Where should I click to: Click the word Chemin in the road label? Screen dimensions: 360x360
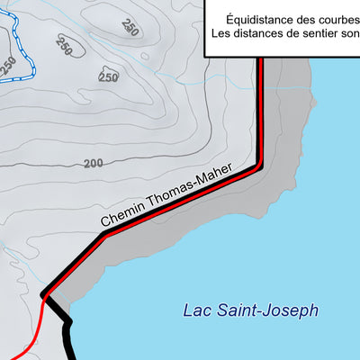tap(120, 215)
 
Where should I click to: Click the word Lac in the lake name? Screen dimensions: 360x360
tap(196, 311)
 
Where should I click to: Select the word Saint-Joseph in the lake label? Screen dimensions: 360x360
tap(269, 311)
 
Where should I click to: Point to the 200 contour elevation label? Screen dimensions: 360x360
tap(93, 163)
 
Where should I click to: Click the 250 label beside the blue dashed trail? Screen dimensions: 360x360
tap(8, 65)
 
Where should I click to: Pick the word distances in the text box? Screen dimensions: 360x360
tap(261, 34)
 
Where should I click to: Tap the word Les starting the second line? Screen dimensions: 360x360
tap(221, 34)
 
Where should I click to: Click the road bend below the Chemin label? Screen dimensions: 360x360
tap(103, 236)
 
